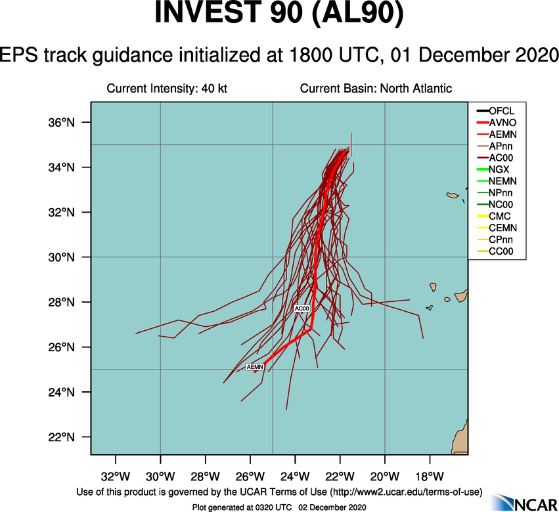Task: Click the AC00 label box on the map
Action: click(x=302, y=308)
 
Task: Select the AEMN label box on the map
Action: click(x=255, y=367)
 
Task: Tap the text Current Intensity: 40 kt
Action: click(x=167, y=89)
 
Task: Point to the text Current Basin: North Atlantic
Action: click(x=376, y=89)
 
